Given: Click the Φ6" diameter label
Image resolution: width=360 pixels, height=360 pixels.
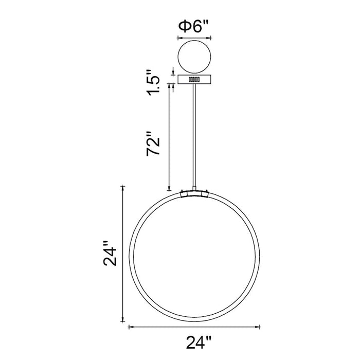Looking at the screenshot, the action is [x=193, y=27].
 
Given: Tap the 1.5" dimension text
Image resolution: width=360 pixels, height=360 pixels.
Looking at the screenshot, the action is [x=153, y=82].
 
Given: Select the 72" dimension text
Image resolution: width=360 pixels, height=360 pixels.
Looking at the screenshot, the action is [x=153, y=143].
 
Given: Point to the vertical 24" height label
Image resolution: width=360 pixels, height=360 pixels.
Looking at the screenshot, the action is [x=110, y=253].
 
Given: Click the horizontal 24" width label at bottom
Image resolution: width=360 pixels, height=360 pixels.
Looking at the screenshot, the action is [x=199, y=343].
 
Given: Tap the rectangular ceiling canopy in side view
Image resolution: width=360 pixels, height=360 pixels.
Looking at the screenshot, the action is [x=194, y=79].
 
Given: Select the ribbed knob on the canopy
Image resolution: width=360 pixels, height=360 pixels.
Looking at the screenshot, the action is [x=194, y=79].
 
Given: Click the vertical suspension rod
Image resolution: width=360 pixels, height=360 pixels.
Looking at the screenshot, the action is [x=194, y=135].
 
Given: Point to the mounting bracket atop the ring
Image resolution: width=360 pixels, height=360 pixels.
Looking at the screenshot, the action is [x=194, y=193].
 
